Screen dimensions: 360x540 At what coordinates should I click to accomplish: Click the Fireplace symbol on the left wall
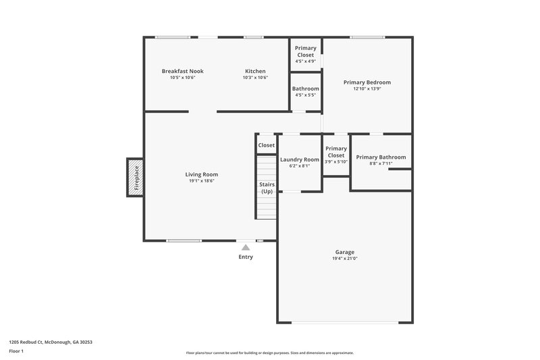136,178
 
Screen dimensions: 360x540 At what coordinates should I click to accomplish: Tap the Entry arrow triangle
246,248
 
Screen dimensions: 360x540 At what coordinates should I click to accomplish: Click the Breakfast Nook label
182,71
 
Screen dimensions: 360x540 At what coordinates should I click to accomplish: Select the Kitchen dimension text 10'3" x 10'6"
255,78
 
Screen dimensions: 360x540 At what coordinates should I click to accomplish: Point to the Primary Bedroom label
367,82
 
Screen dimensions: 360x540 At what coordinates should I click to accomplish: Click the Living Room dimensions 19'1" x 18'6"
202,180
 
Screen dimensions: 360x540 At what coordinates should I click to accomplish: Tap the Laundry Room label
299,159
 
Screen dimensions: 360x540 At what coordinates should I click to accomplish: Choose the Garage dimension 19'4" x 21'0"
344,258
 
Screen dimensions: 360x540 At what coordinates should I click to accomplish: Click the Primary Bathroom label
381,157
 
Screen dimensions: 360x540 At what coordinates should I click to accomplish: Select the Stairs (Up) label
267,188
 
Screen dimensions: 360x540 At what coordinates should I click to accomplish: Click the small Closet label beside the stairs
266,145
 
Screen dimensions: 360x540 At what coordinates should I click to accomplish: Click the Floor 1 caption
17,352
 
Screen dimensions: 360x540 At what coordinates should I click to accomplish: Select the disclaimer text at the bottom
269,353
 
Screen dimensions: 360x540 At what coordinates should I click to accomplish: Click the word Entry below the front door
246,257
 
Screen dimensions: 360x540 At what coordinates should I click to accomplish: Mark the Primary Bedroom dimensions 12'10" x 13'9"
367,89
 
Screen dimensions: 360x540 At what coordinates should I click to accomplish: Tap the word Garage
344,251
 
